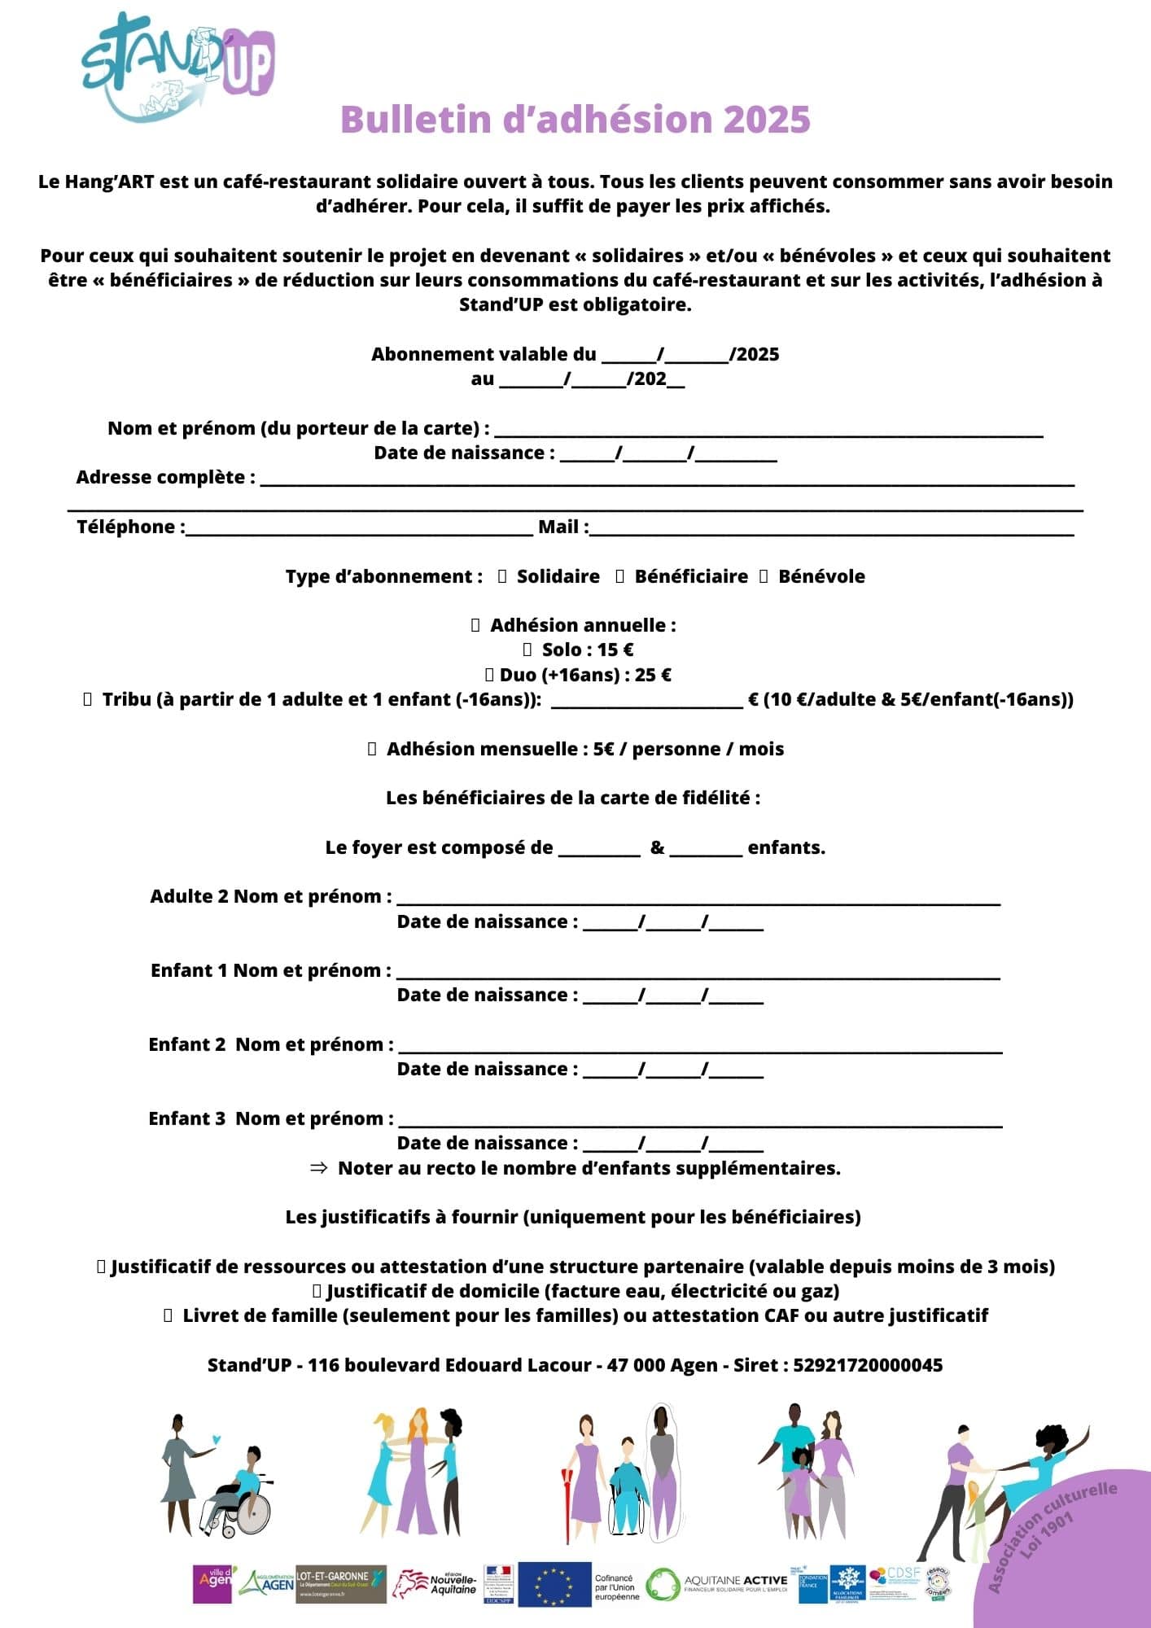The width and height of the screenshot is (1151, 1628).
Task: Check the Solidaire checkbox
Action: pyautogui.click(x=502, y=576)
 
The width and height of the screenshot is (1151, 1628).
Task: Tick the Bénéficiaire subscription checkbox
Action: pyautogui.click(x=620, y=576)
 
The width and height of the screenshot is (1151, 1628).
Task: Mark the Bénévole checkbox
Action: pyautogui.click(x=764, y=576)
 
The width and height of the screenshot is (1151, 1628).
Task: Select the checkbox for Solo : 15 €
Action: pyautogui.click(x=527, y=650)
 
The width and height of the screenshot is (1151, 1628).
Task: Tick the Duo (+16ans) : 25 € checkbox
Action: pyautogui.click(x=490, y=675)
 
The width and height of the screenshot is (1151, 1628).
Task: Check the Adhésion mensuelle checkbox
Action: pyautogui.click(x=372, y=749)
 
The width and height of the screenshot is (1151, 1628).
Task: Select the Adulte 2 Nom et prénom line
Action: pyautogui.click(x=698, y=900)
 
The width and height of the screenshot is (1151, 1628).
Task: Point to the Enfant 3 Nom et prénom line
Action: pyautogui.click(x=700, y=1123)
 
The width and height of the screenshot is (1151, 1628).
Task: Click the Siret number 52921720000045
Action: pyautogui.click(x=868, y=1365)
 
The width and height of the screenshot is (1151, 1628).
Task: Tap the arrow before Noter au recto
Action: pyautogui.click(x=319, y=1168)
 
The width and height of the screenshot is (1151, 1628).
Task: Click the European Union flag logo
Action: pyautogui.click(x=554, y=1584)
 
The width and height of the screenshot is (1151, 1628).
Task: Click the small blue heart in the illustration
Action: pyautogui.click(x=215, y=1439)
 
